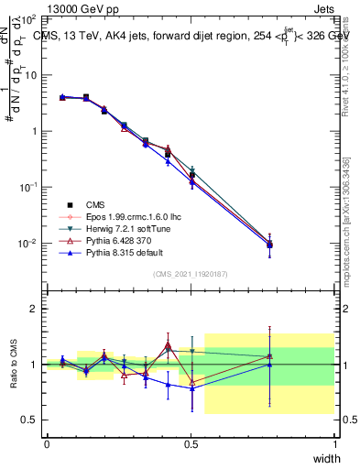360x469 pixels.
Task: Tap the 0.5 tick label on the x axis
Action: (x=191, y=443)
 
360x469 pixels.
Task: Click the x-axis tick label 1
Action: (x=334, y=443)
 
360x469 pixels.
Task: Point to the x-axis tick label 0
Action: (x=47, y=443)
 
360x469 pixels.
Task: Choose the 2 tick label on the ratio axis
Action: (x=33, y=309)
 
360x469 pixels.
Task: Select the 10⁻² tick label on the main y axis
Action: (x=27, y=243)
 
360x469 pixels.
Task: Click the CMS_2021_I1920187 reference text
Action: (x=191, y=274)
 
